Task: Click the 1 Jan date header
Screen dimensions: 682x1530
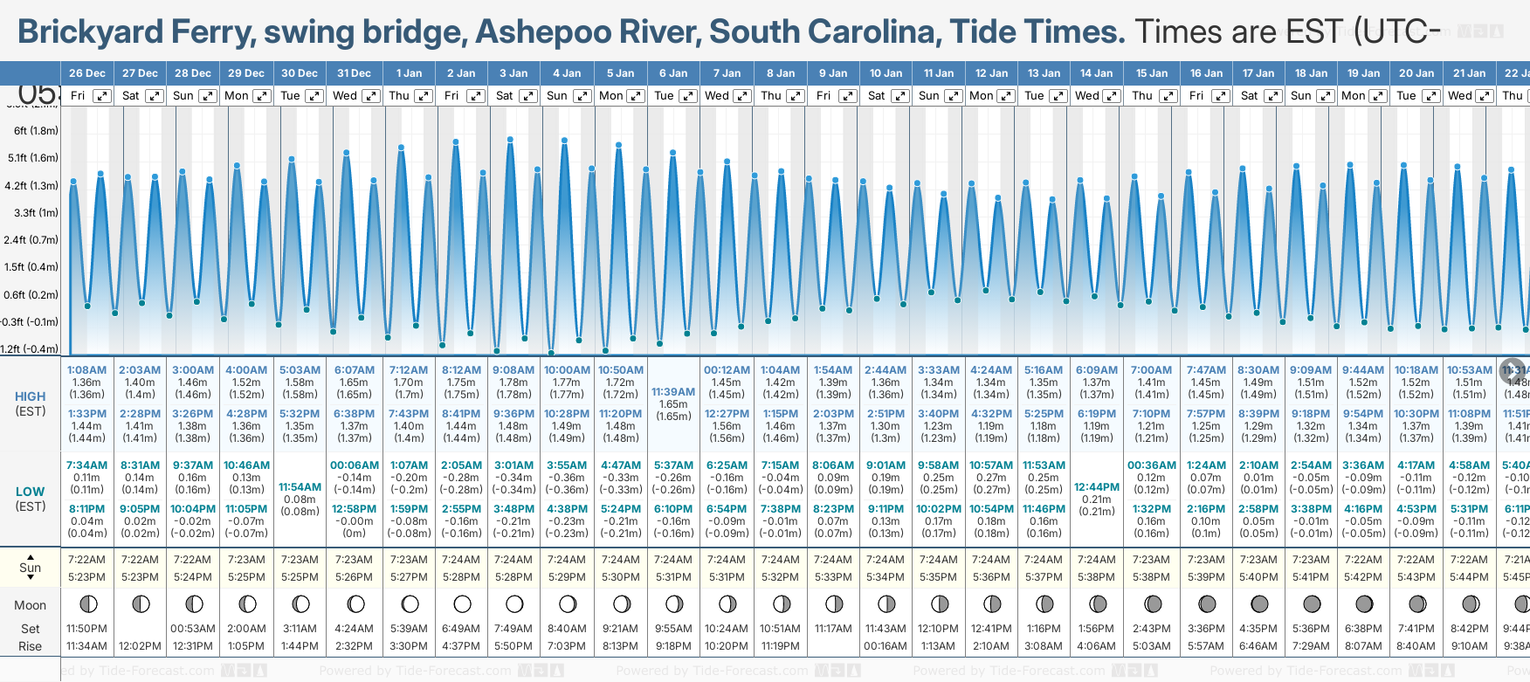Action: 409,73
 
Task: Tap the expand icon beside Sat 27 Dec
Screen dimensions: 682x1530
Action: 155,96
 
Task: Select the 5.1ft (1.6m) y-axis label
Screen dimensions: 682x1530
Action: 33,158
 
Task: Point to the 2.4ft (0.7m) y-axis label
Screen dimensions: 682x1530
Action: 31,239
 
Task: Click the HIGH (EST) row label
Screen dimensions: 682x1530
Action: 31,403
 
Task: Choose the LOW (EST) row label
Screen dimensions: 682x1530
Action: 31,499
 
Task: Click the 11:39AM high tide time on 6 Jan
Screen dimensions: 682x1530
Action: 673,392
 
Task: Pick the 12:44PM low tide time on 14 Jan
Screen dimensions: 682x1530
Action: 1096,487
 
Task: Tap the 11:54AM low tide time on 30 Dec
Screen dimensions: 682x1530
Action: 300,487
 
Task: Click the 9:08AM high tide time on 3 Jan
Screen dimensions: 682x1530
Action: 513,370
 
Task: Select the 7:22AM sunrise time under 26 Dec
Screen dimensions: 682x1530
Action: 86,560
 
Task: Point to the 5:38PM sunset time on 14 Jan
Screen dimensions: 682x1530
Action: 1096,577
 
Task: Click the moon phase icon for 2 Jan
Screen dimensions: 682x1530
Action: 462,603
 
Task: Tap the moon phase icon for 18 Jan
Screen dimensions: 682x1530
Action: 1312,603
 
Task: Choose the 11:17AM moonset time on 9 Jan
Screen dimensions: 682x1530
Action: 833,629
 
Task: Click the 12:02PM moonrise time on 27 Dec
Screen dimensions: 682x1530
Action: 140,646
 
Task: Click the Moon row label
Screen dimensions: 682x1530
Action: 31,605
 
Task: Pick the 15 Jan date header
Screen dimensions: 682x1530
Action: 1152,73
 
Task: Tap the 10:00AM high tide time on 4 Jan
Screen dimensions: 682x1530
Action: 567,370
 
